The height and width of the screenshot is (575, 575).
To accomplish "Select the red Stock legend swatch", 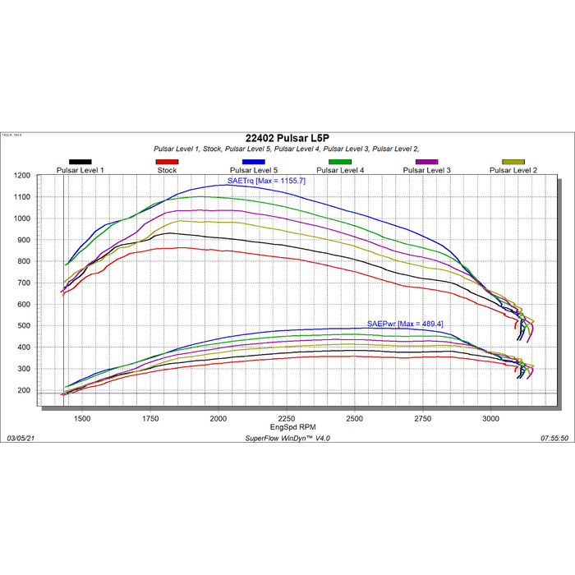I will click(167, 163).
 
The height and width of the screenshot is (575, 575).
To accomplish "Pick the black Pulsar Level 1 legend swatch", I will click(80, 163).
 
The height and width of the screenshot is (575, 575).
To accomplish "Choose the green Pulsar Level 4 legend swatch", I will click(340, 163).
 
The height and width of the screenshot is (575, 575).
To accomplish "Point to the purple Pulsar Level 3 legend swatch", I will click(427, 163).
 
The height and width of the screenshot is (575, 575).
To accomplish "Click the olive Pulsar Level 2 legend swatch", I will click(513, 163).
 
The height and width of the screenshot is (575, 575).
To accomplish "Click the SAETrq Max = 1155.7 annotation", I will click(266, 180).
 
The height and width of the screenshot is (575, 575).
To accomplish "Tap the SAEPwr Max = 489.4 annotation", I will click(406, 324).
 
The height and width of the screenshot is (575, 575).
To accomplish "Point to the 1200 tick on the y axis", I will click(22, 176).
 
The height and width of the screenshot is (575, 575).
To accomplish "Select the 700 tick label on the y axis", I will click(25, 283).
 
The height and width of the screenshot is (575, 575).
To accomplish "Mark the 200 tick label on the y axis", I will click(25, 390).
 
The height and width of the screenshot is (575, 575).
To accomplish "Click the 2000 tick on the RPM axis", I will click(218, 419).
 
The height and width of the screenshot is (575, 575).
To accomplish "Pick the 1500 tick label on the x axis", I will click(82, 419).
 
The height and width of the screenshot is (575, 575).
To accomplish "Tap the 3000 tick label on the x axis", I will click(490, 419).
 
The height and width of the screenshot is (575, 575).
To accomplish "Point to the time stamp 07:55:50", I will click(554, 439).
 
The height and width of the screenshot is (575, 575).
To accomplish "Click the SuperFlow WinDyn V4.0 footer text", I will click(287, 439).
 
